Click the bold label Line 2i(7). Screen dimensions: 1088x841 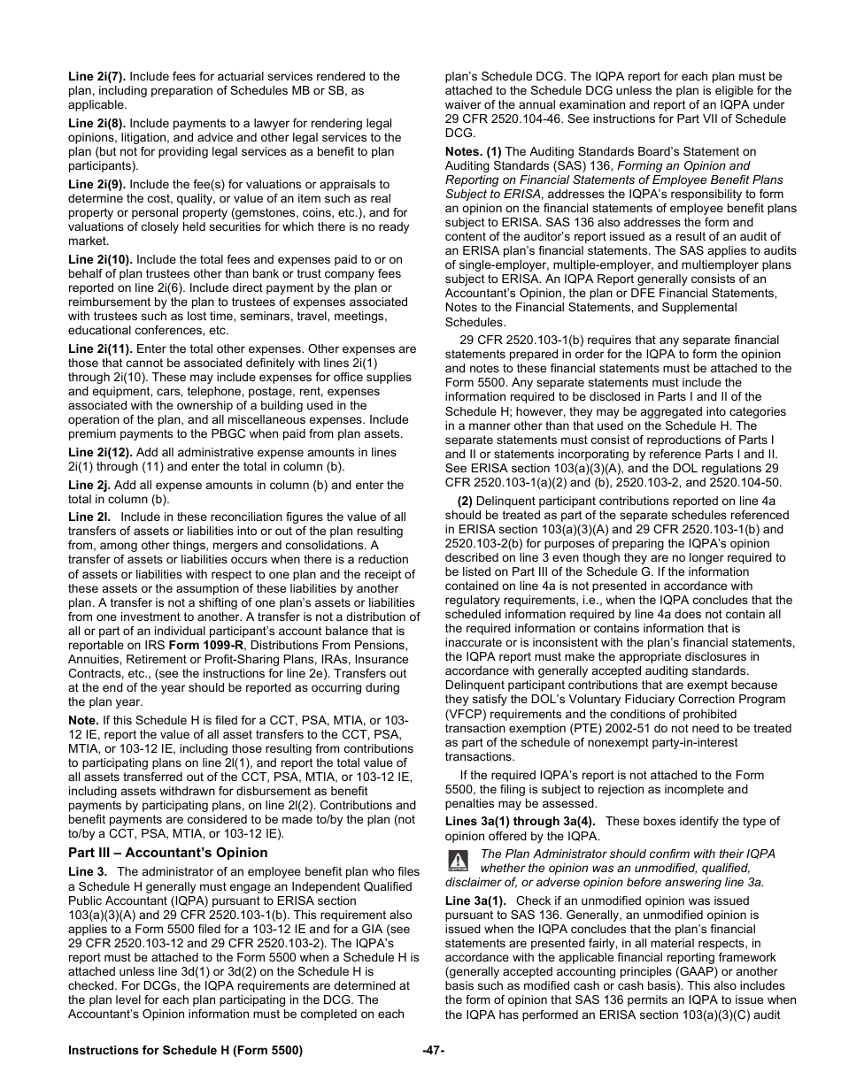coord(96,77)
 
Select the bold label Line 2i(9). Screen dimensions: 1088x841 coord(96,185)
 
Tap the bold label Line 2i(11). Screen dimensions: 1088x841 coord(100,349)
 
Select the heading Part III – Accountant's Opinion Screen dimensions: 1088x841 coord(167,853)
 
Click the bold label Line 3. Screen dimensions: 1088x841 coord(88,872)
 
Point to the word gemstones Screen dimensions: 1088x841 coord(267,213)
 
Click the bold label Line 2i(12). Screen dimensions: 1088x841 coord(100,452)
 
